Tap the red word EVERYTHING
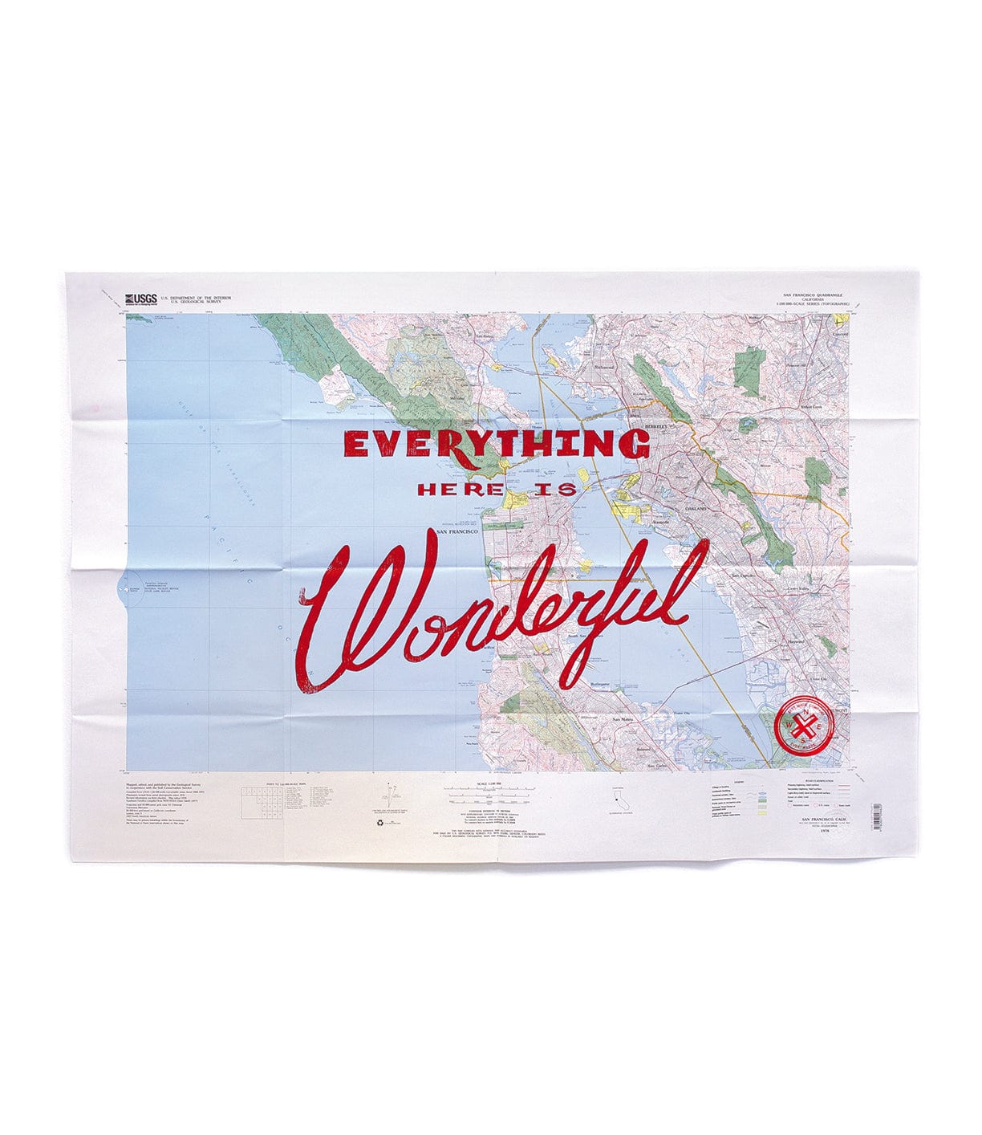point(497,444)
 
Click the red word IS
point(556,489)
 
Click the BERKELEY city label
point(656,426)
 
